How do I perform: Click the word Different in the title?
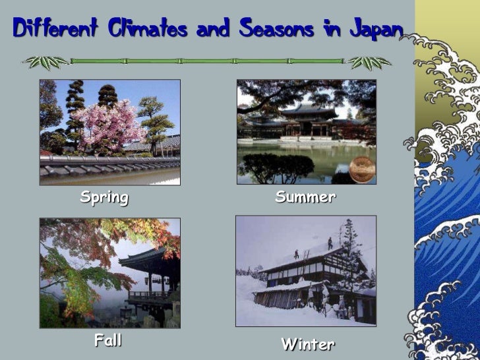[51, 29]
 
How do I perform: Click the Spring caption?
[104, 197]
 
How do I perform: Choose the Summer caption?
[305, 197]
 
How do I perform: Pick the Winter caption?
[308, 344]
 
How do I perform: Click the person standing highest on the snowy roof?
[330, 242]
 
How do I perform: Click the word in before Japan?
[332, 29]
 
